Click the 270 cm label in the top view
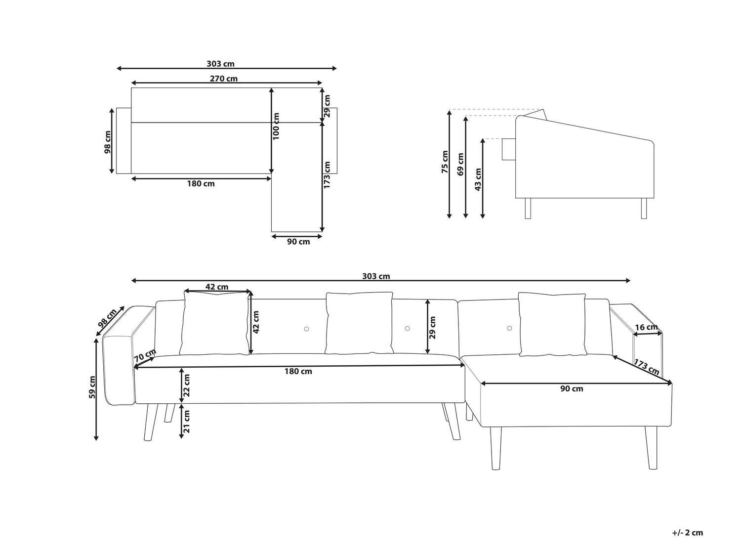click(x=223, y=79)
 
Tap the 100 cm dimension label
click(x=276, y=126)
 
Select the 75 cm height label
click(x=445, y=162)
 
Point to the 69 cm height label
click(x=460, y=165)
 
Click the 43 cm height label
click(x=478, y=179)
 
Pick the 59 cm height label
click(x=92, y=387)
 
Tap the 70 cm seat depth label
click(x=145, y=355)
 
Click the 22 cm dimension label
click(x=186, y=385)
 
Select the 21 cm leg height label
click(x=186, y=421)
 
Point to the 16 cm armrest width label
click(x=646, y=327)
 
